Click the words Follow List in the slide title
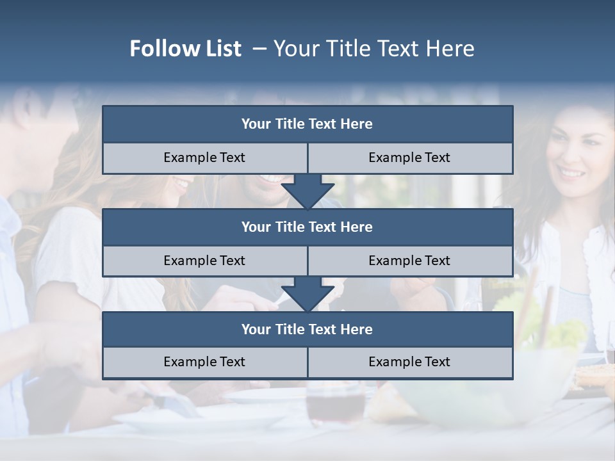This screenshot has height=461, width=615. tap(185, 49)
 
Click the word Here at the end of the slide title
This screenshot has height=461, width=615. tap(452, 49)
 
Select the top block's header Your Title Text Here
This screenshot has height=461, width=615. tap(307, 124)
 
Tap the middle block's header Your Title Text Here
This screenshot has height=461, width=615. tap(307, 227)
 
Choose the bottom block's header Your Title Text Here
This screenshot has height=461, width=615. tap(307, 329)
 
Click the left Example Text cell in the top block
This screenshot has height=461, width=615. tap(204, 158)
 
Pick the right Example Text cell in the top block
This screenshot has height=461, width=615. tap(409, 158)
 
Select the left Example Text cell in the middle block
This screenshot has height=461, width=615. tap(204, 261)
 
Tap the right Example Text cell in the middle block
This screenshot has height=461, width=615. tap(409, 261)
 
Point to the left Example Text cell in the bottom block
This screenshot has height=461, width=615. tap(204, 362)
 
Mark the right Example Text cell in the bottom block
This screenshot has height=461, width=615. tap(409, 362)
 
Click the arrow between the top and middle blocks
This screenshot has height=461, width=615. tap(307, 191)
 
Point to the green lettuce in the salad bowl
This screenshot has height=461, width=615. tap(551, 327)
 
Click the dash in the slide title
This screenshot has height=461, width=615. tap(259, 49)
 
